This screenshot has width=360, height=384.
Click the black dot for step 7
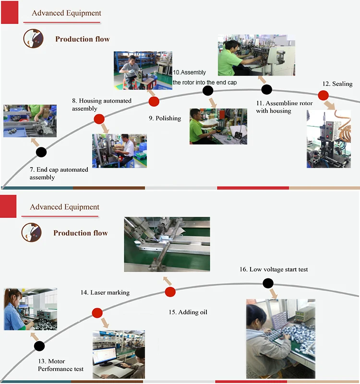41,152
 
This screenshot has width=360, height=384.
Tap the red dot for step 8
99,119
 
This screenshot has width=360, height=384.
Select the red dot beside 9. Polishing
154,101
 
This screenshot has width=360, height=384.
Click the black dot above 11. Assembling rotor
266,89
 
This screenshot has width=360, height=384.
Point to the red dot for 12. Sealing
324,96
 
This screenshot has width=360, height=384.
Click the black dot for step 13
39,346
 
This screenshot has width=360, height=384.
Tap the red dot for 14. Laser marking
97,313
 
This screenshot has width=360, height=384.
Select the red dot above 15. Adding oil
170,292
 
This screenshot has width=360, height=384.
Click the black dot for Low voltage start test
268,283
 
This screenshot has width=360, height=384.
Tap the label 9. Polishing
165,118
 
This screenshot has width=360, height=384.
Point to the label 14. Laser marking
105,292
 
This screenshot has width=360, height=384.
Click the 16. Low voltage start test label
274,269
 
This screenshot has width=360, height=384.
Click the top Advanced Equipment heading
67,13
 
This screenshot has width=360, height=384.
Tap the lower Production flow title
80,233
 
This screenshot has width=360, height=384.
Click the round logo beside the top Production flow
34,39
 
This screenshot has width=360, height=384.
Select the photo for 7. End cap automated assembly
30,121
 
